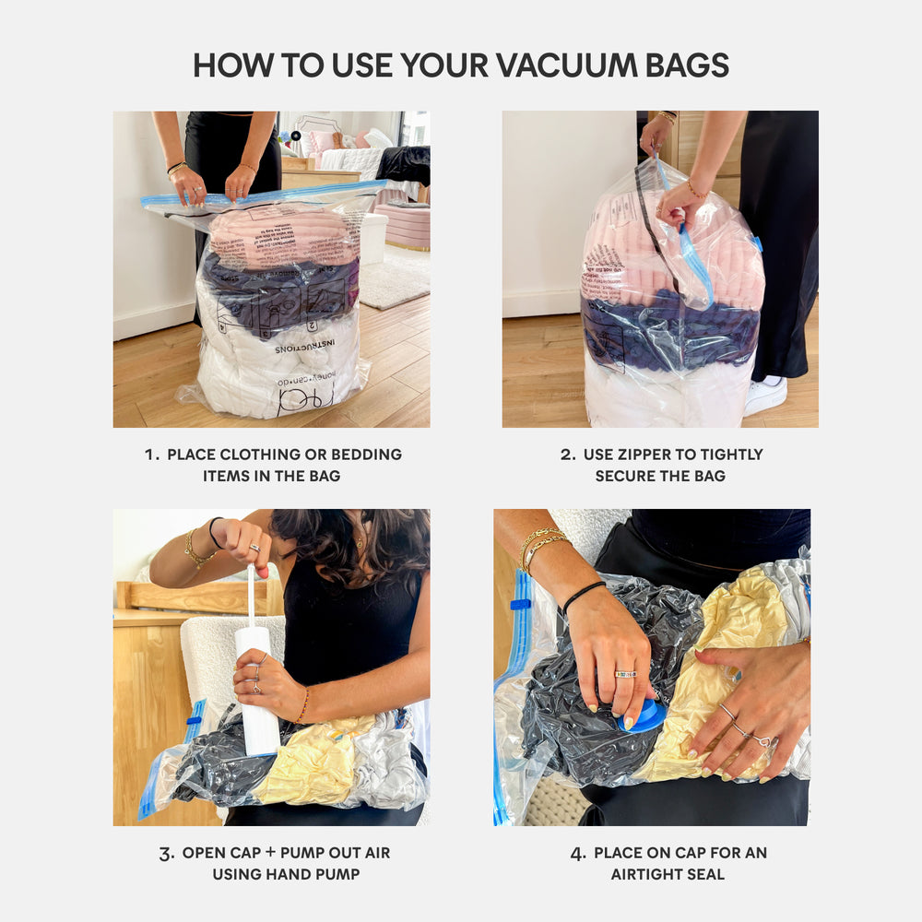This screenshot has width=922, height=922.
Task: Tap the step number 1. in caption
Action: pos(153,455)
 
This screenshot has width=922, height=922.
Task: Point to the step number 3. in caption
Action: pos(167,854)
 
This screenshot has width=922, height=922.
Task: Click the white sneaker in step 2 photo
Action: pos(765,396)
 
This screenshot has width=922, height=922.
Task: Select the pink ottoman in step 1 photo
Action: pos(402,227)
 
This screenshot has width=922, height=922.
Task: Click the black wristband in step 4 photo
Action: pos(584,596)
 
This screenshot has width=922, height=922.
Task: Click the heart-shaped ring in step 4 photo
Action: pos(762,740)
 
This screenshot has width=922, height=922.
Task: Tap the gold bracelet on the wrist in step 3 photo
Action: pos(195,550)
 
